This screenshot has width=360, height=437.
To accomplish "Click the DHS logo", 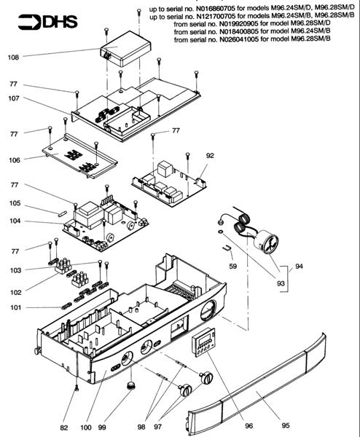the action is pyautogui.click(x=48, y=22).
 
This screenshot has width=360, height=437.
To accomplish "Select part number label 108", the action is pyautogui.click(x=13, y=58).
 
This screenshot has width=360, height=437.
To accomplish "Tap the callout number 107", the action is pyautogui.click(x=14, y=98).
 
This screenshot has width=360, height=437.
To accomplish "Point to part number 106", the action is pyautogui.click(x=15, y=160).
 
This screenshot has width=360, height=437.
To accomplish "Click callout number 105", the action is pyautogui.click(x=15, y=203).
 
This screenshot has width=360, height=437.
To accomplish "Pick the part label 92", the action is pyautogui.click(x=210, y=156).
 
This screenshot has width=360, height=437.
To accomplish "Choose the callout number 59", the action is pyautogui.click(x=233, y=266).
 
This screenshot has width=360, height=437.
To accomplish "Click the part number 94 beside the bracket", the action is pyautogui.click(x=299, y=266).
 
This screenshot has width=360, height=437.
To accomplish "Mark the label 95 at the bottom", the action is pyautogui.click(x=286, y=425).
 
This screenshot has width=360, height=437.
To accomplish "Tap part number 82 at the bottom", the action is pyautogui.click(x=64, y=428).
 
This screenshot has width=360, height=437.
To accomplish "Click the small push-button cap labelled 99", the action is pyautogui.click(x=130, y=386).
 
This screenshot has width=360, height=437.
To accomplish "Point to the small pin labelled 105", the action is pyautogui.click(x=62, y=213).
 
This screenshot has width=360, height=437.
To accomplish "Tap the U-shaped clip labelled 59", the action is pyautogui.click(x=227, y=248).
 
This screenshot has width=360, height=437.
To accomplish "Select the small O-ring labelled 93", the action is pyautogui.click(x=220, y=231).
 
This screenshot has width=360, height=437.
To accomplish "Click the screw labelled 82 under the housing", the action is pyautogui.click(x=77, y=387).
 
